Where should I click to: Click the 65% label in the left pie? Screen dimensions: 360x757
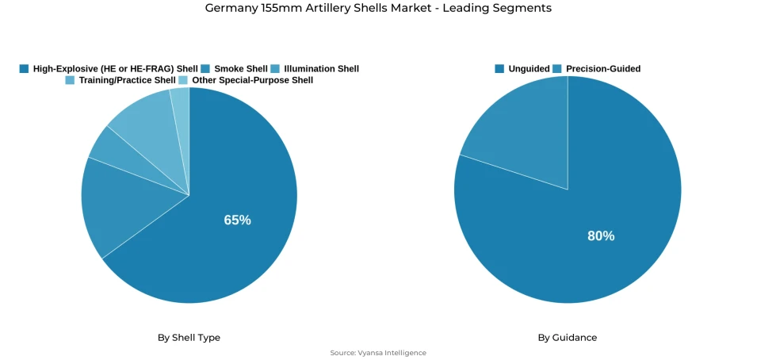237,220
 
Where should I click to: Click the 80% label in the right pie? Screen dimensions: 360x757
601,236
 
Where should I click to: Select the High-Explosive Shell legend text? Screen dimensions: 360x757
115,69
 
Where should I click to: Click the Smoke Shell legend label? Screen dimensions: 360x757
240,69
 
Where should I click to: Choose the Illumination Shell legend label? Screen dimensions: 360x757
321,69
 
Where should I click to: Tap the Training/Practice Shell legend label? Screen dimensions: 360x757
127,80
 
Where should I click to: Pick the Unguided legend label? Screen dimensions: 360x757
529,69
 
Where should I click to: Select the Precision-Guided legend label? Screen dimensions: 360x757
602,69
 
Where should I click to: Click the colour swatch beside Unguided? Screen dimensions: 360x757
499,69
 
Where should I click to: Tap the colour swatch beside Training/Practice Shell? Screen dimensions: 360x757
70,80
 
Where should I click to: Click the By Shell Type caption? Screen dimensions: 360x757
189,338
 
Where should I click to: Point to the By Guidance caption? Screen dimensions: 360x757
567,338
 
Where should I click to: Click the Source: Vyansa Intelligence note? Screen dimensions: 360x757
378,353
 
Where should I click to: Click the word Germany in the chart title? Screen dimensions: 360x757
231,8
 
